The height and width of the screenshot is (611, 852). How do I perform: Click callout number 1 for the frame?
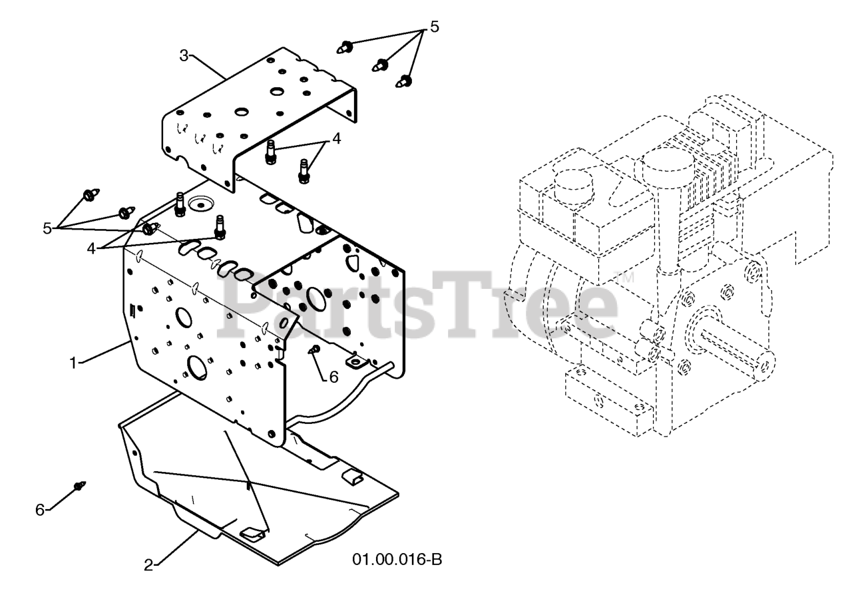point(73,363)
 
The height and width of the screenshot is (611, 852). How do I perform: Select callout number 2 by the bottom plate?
point(148,565)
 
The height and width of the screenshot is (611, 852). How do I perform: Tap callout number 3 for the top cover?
point(184,56)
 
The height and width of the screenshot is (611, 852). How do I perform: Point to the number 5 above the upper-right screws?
point(435,27)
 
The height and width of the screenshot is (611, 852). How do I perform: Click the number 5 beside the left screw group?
point(47,229)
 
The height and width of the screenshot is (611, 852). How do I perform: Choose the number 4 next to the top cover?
point(336,139)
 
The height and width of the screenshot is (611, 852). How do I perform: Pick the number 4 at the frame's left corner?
point(91,249)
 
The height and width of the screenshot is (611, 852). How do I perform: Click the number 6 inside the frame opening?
point(333,377)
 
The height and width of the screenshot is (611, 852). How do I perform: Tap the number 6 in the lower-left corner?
point(40,510)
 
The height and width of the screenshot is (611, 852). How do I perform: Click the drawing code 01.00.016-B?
point(397,560)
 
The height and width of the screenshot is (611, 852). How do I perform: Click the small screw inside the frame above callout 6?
point(315,349)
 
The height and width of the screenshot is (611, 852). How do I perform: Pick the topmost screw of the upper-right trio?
point(345,47)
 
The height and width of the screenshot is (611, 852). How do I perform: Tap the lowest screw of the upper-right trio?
point(404,81)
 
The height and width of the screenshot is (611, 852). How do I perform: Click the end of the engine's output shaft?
point(765,365)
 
